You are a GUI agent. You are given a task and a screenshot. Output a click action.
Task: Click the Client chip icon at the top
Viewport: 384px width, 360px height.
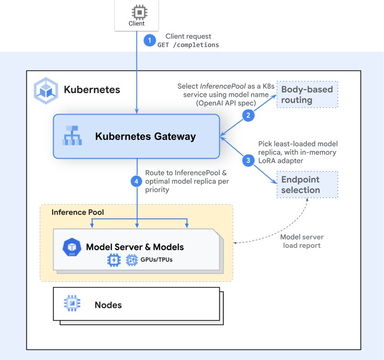pyautogui.click(x=136, y=12)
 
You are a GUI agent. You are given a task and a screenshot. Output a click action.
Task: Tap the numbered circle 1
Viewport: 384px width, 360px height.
pyautogui.click(x=150, y=41)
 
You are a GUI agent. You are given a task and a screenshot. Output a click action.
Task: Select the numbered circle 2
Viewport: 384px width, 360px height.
pyautogui.click(x=248, y=115)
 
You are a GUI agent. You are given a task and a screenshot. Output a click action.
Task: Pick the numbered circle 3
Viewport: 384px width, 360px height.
pyautogui.click(x=248, y=161)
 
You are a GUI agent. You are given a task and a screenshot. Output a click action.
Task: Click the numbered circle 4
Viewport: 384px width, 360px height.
pyautogui.click(x=137, y=181)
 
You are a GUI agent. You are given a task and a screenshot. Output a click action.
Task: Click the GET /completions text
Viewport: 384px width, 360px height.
pyautogui.click(x=188, y=45)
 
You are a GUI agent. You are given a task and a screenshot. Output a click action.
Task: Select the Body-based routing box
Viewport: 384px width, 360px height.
pyautogui.click(x=307, y=94)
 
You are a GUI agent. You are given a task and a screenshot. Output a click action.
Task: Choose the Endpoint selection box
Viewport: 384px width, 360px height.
pyautogui.click(x=307, y=185)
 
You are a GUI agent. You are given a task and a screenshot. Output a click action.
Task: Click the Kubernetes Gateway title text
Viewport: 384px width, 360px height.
pyautogui.click(x=146, y=137)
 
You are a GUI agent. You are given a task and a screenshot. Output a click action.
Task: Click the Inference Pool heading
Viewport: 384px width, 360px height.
pyautogui.click(x=78, y=212)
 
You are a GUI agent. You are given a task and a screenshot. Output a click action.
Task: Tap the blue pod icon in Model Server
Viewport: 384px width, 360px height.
pyautogui.click(x=71, y=246)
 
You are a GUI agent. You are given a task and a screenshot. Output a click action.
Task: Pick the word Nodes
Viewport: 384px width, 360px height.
pyautogui.click(x=108, y=305)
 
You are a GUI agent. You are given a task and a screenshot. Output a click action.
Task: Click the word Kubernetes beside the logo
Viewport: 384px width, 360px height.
pyautogui.click(x=92, y=90)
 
